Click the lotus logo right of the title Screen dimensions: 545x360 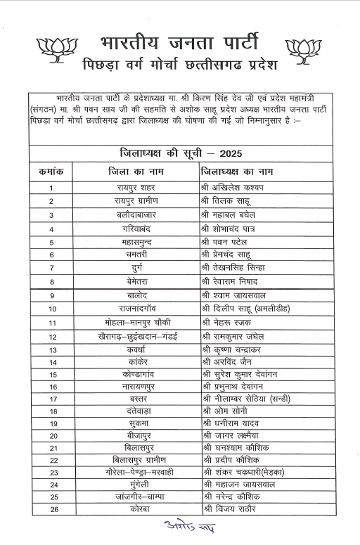pyautogui.click(x=304, y=48)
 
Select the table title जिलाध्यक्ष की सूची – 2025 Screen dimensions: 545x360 pyautogui.click(x=180, y=153)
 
